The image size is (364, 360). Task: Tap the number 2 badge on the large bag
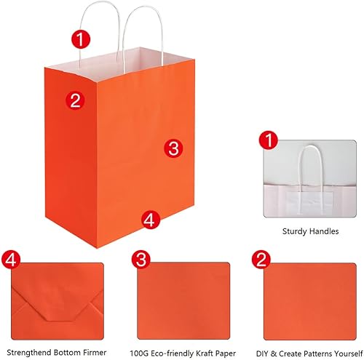point(74,100)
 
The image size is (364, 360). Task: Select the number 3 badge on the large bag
point(172,148)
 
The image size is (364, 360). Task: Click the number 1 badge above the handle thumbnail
point(269,141)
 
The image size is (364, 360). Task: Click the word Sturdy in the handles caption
point(294,232)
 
